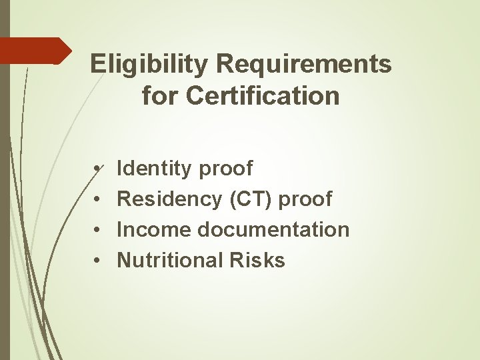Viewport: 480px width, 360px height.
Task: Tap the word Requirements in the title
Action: (x=304, y=65)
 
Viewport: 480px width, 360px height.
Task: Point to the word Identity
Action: (x=153, y=169)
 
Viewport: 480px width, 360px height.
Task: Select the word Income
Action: (x=151, y=229)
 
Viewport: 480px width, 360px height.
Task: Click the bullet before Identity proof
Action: (x=97, y=169)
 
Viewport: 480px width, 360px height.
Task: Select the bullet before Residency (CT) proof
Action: (x=97, y=199)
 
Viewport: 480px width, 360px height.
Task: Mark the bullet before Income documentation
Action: (x=97, y=230)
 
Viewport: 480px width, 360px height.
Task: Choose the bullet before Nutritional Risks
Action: (x=97, y=261)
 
